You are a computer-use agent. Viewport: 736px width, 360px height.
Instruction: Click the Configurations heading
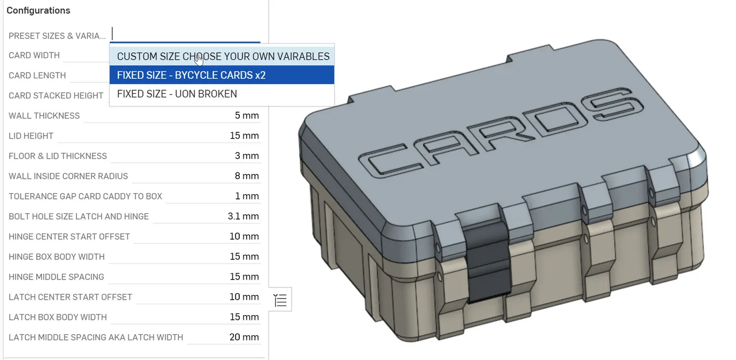(38, 10)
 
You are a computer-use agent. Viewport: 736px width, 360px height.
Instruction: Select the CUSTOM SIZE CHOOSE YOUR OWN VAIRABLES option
(223, 56)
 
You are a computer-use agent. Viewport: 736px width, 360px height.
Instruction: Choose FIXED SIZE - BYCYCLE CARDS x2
(191, 75)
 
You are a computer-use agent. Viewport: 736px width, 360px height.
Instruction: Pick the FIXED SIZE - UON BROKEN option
(177, 94)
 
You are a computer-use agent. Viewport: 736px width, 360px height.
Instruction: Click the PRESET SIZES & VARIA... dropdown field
(185, 35)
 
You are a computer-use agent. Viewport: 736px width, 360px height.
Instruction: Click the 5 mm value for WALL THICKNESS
(247, 116)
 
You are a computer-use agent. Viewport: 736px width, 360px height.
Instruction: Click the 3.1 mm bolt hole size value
(243, 216)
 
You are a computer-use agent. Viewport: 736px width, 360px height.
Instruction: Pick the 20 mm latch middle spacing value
(244, 337)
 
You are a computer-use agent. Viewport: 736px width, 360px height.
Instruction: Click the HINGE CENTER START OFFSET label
(69, 236)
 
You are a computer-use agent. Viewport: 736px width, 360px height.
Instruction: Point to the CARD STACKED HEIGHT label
(56, 95)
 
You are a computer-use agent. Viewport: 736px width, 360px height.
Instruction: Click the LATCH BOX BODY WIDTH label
(57, 317)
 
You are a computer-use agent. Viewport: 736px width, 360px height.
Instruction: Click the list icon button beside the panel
(280, 300)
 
